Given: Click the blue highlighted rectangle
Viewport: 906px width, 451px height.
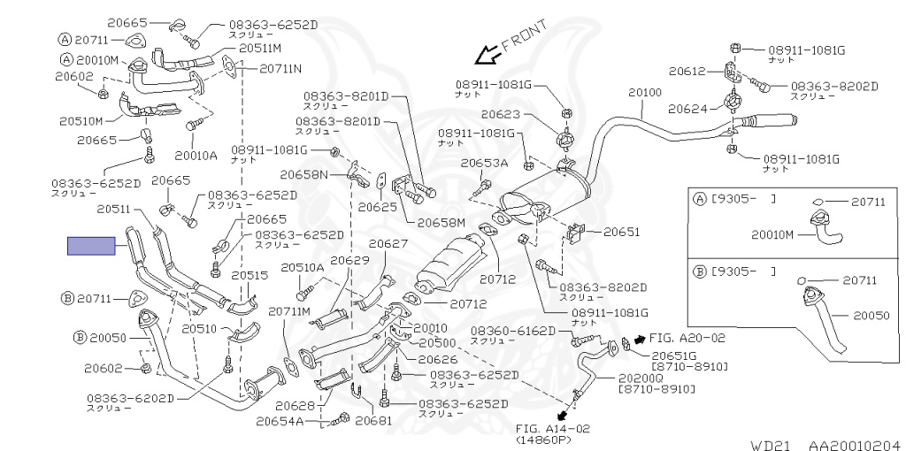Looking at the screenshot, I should (x=92, y=246).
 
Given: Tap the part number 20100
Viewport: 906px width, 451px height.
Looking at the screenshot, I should (x=645, y=92).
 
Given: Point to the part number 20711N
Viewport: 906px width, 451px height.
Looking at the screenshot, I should (x=280, y=68).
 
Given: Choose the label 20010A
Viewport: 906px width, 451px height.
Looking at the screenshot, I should (x=196, y=155).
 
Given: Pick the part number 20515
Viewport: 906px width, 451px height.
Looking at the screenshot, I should (x=250, y=275).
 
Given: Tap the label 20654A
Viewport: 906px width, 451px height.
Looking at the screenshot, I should (x=280, y=422).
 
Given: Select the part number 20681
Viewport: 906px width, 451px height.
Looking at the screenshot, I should (x=373, y=422).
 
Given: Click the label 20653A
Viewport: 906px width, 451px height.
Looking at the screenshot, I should (x=484, y=164).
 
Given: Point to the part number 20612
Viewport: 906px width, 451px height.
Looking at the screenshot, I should (x=687, y=70).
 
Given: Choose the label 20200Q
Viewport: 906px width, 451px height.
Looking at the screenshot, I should (x=638, y=378).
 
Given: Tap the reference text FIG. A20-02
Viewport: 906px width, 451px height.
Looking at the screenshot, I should (x=687, y=338).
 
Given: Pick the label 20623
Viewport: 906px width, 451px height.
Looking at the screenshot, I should (x=500, y=114).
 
